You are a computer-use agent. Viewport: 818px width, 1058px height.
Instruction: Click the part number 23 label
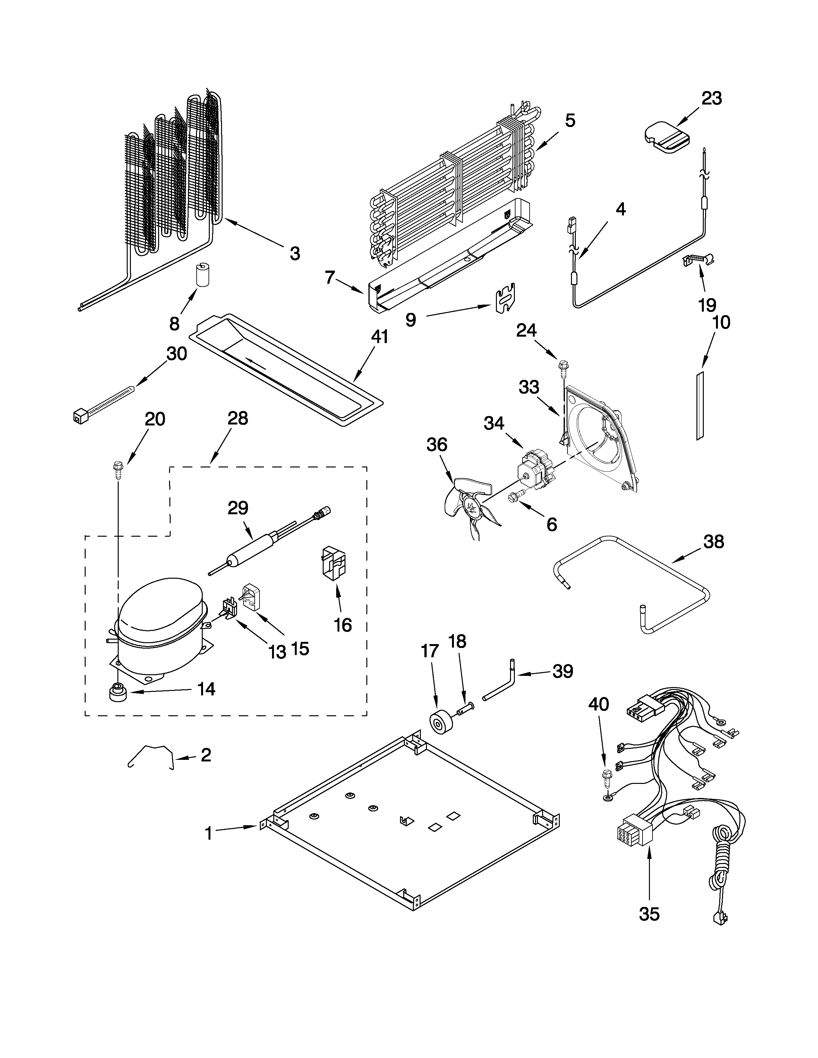point(711,98)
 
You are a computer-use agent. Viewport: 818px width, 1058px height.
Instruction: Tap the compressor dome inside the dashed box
point(160,610)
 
